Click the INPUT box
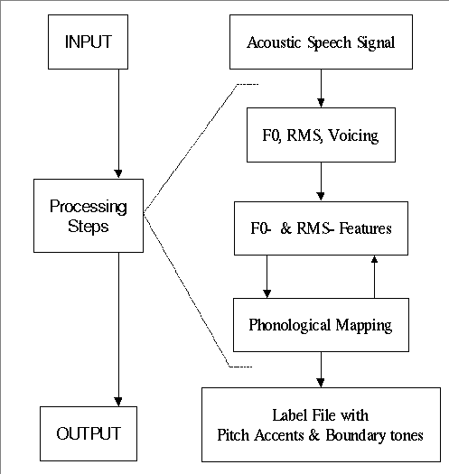click(88, 42)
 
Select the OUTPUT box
click(89, 433)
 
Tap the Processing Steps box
click(89, 216)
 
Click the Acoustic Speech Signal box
click(321, 42)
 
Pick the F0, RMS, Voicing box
click(321, 135)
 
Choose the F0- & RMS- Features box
click(321, 228)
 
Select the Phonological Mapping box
click(321, 325)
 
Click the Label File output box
click(321, 424)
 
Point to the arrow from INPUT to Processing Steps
click(118, 124)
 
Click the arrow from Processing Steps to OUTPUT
click(118, 330)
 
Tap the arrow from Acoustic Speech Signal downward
click(321, 88)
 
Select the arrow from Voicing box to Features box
click(321, 181)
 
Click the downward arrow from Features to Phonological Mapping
click(267, 276)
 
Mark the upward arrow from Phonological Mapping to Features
click(374, 276)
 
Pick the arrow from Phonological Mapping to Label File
click(321, 369)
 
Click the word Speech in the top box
click(329, 42)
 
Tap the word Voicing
click(353, 135)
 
